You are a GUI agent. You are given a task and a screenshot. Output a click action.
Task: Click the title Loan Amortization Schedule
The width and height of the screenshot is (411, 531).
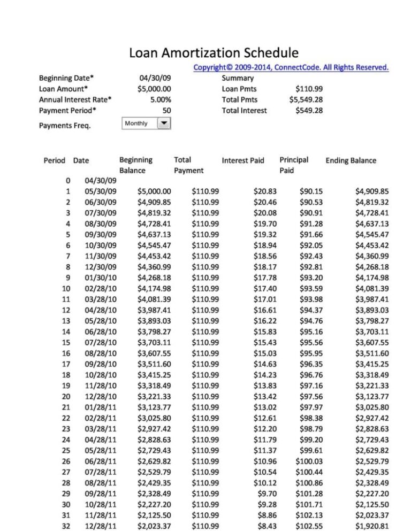(214, 53)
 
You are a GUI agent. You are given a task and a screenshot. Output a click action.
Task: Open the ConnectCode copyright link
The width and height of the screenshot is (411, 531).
(291, 67)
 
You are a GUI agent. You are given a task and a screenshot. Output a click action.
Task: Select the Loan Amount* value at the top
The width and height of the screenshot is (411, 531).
(154, 89)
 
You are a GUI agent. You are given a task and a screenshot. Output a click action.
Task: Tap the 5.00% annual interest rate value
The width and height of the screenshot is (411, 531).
(161, 99)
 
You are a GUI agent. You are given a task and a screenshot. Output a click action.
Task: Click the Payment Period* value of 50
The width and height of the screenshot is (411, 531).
(166, 111)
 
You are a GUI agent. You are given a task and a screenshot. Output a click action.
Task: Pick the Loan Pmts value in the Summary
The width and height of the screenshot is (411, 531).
(309, 89)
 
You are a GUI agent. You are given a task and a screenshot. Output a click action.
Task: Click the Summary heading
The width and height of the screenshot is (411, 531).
(238, 78)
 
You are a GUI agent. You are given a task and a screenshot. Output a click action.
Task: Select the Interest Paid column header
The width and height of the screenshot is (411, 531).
(243, 160)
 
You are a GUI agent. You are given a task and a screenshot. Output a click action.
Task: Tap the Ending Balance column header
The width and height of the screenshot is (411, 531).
(351, 160)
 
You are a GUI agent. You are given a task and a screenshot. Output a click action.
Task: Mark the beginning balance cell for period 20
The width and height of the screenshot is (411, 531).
(154, 396)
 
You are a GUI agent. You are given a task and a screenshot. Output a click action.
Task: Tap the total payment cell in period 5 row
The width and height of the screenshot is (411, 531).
(205, 234)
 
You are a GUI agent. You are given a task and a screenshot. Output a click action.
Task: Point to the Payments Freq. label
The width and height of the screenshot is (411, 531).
(65, 126)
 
